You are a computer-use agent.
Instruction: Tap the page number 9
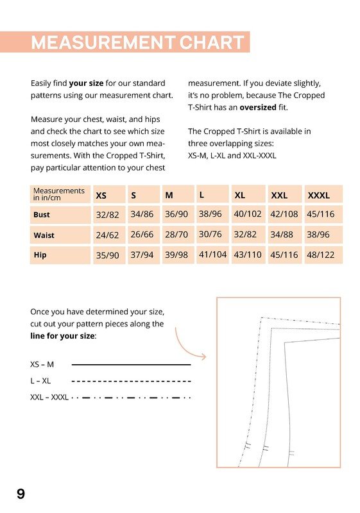point(21,494)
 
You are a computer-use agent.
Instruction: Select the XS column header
point(101,196)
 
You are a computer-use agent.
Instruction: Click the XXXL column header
point(318,196)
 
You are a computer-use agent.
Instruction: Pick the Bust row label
point(42,215)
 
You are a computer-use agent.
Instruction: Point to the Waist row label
point(44,235)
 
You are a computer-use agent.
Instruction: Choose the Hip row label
point(40,255)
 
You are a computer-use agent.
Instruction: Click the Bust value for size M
point(176,214)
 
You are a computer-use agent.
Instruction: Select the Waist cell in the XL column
point(245,235)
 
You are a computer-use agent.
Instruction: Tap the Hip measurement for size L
point(213,255)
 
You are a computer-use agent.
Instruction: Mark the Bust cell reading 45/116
point(321,214)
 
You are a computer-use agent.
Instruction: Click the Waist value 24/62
point(107,235)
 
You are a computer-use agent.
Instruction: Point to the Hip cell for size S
point(142,255)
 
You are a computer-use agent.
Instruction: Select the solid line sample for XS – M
point(131,364)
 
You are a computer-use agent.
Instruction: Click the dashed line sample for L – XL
point(131,381)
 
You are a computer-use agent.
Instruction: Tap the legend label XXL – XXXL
point(49,398)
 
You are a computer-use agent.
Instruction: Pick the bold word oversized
point(258,108)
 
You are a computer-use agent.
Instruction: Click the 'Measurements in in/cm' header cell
point(60,194)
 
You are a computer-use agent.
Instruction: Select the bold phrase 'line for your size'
point(62,336)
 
